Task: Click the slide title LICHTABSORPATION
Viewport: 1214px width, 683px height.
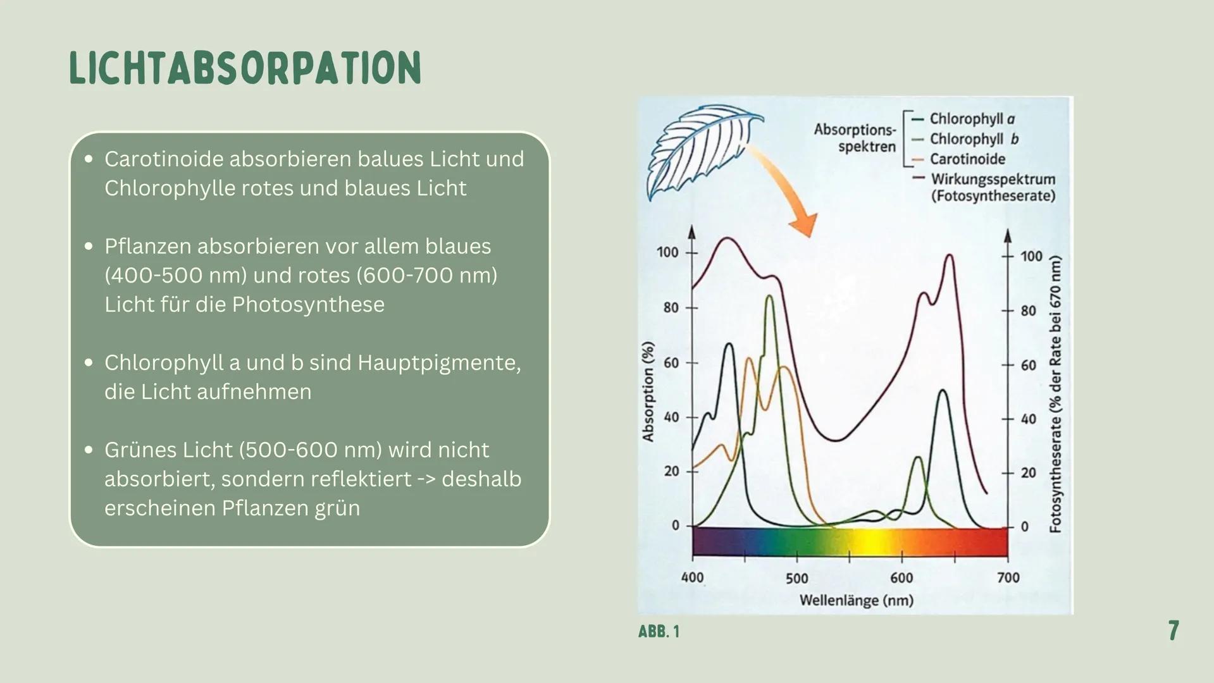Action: pos(245,68)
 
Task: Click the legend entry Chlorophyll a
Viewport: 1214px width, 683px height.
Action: pos(971,119)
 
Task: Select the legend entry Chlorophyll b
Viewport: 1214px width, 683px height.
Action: pos(973,139)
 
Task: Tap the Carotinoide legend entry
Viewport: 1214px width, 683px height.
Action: pos(967,159)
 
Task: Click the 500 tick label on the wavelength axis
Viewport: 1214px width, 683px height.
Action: pos(796,578)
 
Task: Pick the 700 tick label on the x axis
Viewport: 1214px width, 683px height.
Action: pos(1008,577)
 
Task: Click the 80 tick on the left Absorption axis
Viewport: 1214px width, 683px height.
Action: pos(671,308)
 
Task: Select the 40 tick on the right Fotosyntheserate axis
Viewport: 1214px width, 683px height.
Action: pos(1029,419)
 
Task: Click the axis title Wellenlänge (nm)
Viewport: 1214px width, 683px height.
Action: pos(856,600)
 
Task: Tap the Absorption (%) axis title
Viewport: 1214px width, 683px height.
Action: pos(647,391)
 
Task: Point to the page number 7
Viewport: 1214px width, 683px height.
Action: pos(1173,631)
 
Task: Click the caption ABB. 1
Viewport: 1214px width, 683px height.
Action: pos(659,631)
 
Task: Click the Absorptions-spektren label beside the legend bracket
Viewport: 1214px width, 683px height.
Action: pos(856,138)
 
